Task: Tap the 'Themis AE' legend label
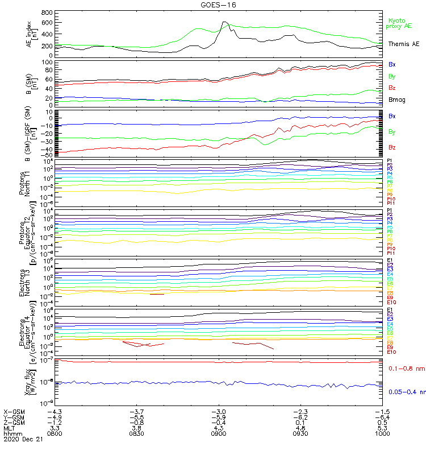pyautogui.click(x=403, y=44)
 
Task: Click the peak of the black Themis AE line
pyautogui.click(x=224, y=22)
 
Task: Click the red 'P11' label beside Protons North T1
pyautogui.click(x=390, y=202)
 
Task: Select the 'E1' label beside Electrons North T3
pyautogui.click(x=390, y=260)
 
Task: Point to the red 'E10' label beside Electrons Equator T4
pyautogui.click(x=391, y=352)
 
